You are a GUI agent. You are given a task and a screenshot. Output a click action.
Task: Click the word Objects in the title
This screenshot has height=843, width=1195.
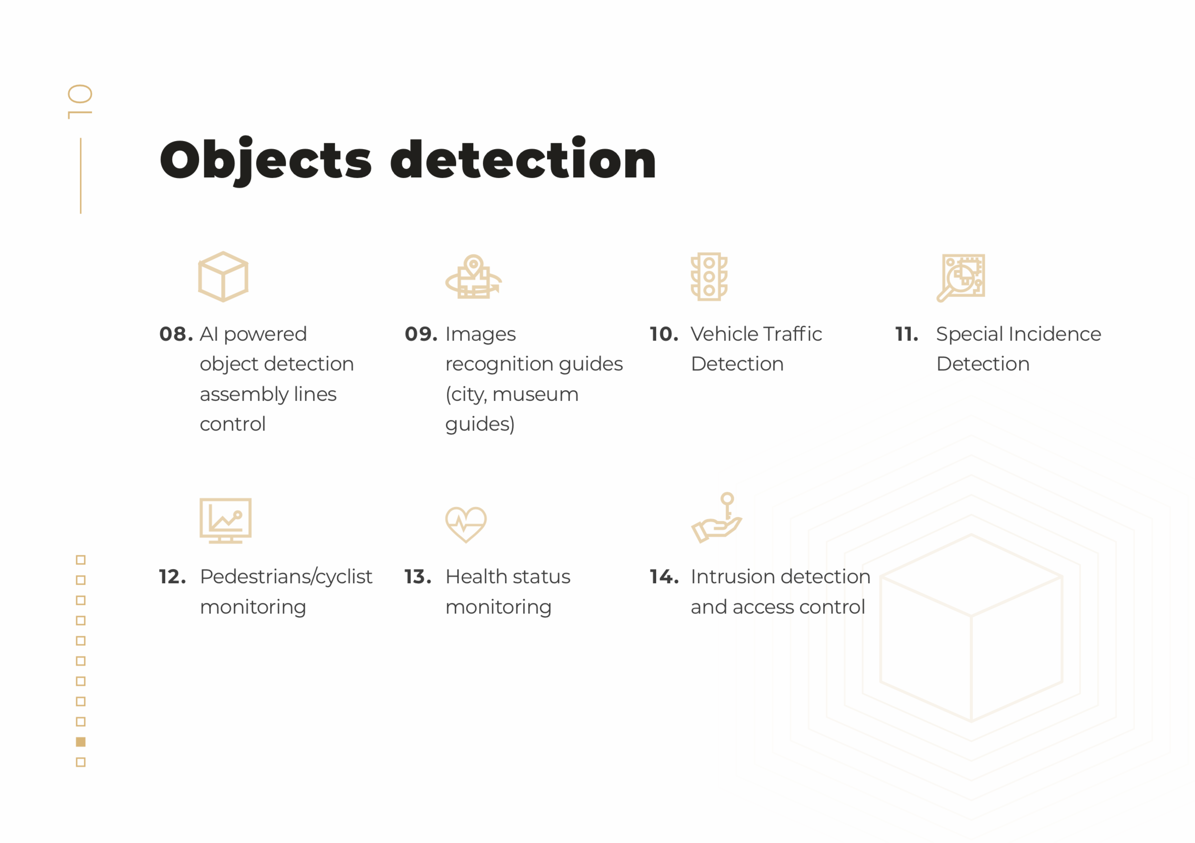pos(266,161)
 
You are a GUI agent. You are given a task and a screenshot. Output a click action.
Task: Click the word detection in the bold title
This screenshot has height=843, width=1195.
pos(523,158)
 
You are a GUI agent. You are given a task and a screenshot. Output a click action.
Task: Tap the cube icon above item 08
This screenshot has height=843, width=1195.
pos(223,276)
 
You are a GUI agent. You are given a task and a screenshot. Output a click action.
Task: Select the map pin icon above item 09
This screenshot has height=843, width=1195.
pos(473,276)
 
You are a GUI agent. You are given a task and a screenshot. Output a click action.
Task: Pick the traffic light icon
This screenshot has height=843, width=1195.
pos(709,276)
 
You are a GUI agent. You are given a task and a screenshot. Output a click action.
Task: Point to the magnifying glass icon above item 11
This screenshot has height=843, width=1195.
pos(961,277)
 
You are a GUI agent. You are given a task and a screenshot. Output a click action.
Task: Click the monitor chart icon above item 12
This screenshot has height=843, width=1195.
pos(225,521)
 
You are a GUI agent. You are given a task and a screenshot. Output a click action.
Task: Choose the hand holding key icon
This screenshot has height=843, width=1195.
pos(716,518)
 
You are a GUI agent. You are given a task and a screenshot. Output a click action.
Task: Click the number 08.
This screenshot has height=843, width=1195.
pos(176,334)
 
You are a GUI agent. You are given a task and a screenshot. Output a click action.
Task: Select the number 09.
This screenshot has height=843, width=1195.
pos(421,334)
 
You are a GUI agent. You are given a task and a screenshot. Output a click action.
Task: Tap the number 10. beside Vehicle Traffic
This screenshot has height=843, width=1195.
pos(664,334)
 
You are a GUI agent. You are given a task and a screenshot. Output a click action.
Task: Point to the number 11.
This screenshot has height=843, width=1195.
pos(907,334)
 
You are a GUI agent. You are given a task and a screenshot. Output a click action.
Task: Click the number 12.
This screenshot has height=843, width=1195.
pos(172,577)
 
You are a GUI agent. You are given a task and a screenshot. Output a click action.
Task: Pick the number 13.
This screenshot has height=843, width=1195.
pos(418,577)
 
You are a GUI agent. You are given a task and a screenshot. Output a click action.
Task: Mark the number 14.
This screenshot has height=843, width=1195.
pos(664,577)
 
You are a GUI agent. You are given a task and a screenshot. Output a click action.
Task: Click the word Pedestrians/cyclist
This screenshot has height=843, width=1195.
pos(286,578)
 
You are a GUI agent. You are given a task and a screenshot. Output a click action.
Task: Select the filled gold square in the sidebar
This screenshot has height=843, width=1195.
pos(81,741)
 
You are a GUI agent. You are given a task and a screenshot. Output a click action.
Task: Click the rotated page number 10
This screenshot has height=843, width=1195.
pos(80,102)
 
